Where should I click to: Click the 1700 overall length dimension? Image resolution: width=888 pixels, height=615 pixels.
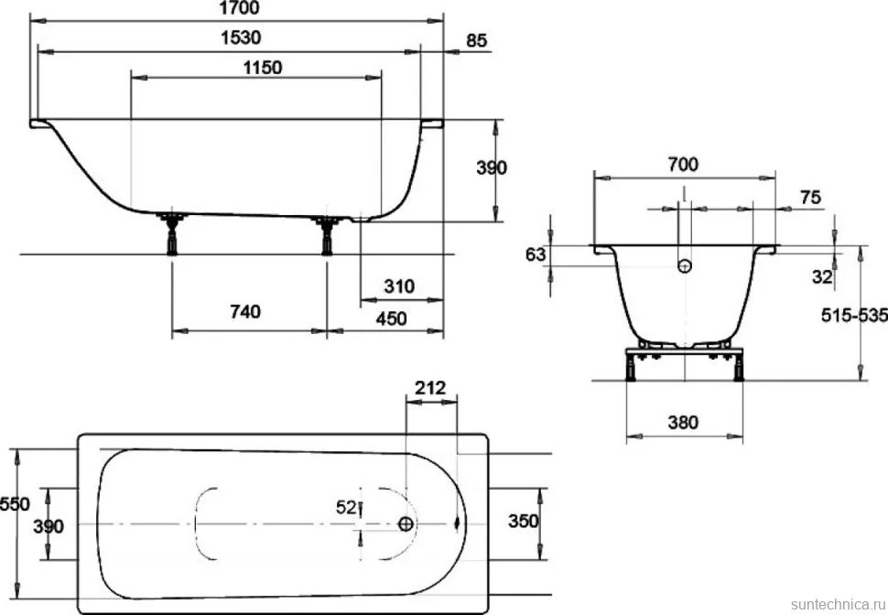(239, 8)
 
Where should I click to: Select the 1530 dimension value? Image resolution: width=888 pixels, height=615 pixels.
(241, 38)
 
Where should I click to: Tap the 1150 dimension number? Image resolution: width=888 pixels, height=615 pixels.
(262, 68)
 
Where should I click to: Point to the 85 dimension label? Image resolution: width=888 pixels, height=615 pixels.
(477, 41)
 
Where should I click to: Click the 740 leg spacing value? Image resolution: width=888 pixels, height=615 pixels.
(245, 311)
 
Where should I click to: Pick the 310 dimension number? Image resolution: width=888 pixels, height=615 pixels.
(399, 286)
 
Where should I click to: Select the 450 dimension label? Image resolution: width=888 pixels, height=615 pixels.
(391, 318)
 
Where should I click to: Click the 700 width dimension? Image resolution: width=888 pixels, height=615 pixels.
(683, 165)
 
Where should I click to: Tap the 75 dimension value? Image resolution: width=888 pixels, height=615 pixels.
(810, 198)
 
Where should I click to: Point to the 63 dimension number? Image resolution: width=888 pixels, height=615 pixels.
(536, 254)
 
